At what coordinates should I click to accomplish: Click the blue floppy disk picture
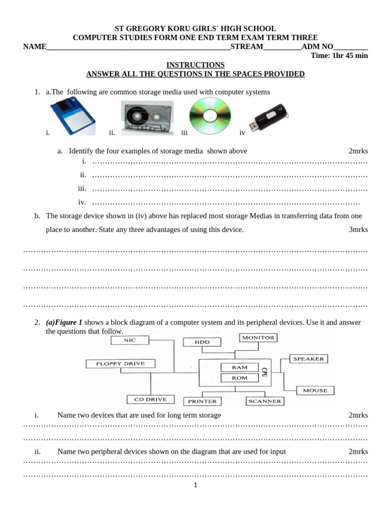72,117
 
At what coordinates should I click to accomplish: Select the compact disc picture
210,115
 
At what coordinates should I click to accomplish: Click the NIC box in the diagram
129,340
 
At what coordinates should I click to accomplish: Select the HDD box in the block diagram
202,342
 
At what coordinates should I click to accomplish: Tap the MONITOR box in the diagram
258,337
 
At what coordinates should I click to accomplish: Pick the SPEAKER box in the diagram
308,359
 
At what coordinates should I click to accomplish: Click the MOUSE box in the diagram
315,390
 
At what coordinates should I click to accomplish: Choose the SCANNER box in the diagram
265,401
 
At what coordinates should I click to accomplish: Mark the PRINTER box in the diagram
202,401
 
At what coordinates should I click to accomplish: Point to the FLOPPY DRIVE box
120,363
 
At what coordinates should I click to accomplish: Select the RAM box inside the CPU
239,367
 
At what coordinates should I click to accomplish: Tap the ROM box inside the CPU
239,378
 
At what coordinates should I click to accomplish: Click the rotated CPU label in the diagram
264,372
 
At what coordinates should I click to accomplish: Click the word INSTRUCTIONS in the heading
195,65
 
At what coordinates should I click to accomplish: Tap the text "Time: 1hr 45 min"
339,56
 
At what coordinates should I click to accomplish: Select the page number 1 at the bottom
195,485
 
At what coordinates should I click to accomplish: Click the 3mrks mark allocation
358,229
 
